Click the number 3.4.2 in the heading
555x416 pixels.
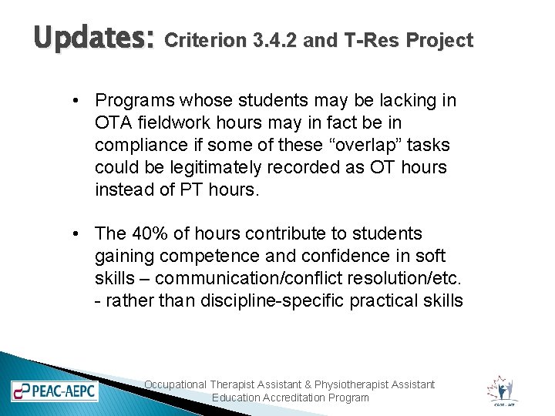276,41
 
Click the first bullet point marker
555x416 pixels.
79,101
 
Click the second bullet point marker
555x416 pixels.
79,233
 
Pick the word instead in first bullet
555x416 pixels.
122,189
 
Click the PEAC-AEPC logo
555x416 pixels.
54,391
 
